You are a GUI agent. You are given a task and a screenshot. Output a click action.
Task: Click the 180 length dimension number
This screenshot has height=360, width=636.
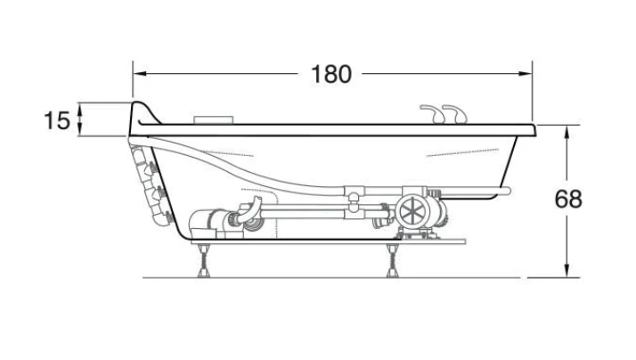coord(331,74)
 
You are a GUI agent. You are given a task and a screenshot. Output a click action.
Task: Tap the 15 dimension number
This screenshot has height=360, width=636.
coord(57,120)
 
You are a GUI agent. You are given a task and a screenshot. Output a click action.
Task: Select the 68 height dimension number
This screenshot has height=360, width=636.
coord(568,199)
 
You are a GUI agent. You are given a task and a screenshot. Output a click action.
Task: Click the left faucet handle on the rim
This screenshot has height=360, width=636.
coord(432,113)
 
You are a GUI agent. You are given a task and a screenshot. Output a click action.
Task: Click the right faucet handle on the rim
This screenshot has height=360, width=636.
coord(454,113)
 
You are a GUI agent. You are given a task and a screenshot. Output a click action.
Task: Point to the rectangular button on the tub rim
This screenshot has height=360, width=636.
coord(214,120)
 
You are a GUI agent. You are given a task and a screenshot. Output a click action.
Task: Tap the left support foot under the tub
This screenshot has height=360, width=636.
coord(203,261)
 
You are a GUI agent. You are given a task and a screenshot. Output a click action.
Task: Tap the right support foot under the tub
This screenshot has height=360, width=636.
coord(393,261)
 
